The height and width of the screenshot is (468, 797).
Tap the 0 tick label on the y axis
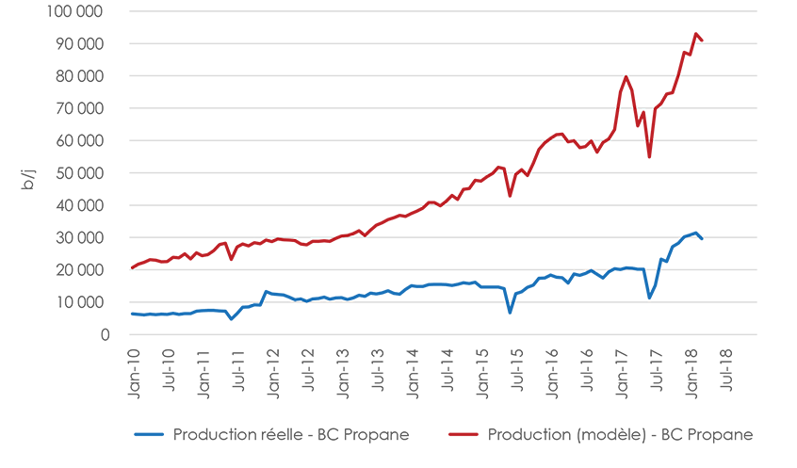coord(106,334)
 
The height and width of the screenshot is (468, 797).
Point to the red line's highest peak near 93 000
coord(695,34)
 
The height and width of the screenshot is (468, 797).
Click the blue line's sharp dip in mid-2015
coord(510,313)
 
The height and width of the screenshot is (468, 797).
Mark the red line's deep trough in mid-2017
coord(649,157)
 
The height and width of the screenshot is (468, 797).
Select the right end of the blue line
coord(702,239)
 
